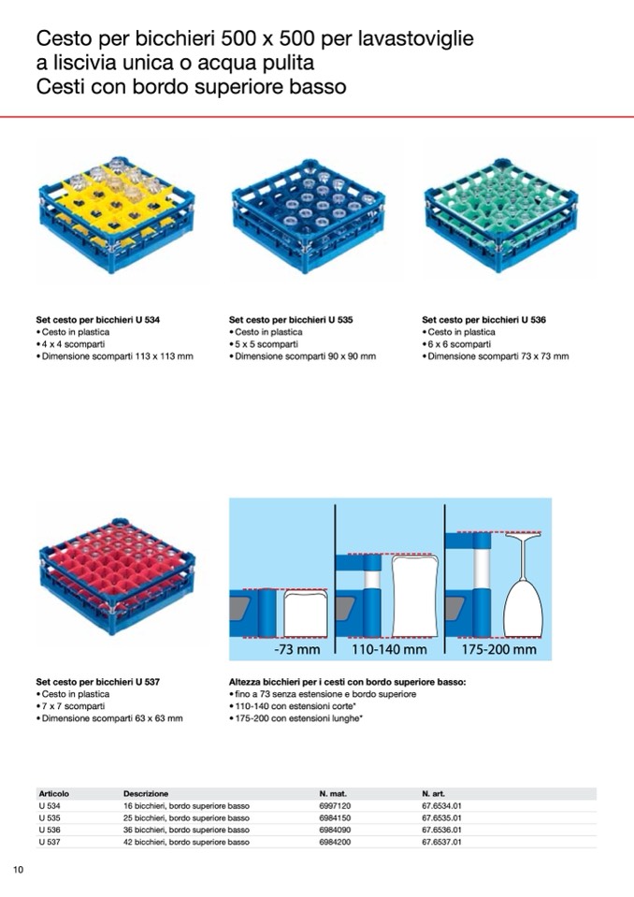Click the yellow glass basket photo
[x=117, y=215]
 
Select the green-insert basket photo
[x=501, y=215]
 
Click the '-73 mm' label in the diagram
[x=296, y=649]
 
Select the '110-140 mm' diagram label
[x=389, y=649]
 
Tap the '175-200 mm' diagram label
[x=499, y=649]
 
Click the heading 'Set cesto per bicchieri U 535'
[x=291, y=320]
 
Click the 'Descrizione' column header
[x=146, y=793]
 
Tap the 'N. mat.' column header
[x=333, y=793]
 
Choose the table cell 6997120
[x=335, y=805]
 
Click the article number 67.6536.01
[x=441, y=830]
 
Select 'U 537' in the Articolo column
[x=50, y=842]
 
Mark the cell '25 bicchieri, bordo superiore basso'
[x=186, y=817]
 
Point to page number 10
[x=19, y=870]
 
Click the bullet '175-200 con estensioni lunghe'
[x=295, y=718]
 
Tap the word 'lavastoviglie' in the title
[x=415, y=39]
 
